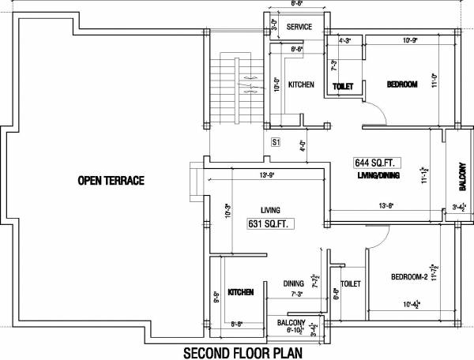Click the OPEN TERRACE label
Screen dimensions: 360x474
pyautogui.click(x=111, y=181)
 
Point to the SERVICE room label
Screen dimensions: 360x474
pyautogui.click(x=299, y=27)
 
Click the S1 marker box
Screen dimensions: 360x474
pyautogui.click(x=276, y=143)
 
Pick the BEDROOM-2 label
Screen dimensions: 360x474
pyautogui.click(x=408, y=277)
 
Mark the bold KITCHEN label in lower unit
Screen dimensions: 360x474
pyautogui.click(x=240, y=292)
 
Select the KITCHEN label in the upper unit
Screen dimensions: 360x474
pyautogui.click(x=301, y=84)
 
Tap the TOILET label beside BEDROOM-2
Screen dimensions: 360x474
pyautogui.click(x=351, y=283)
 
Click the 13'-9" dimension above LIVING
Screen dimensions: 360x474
pyautogui.click(x=265, y=174)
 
